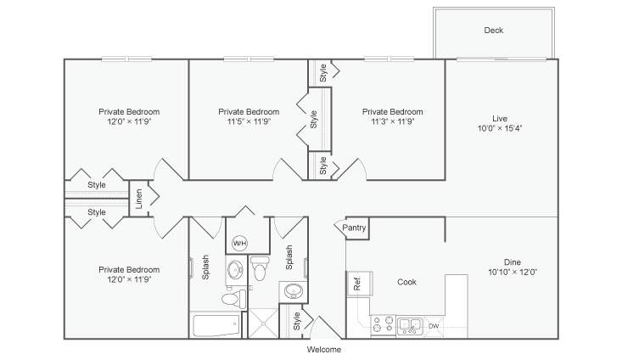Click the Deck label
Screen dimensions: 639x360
point(494,31)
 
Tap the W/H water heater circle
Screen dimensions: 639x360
point(239,244)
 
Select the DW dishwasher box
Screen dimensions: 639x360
point(434,326)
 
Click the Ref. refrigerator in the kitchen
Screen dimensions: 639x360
point(359,283)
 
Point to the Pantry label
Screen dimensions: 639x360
point(354,228)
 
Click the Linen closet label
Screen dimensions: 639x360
point(139,199)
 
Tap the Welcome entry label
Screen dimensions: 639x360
point(324,350)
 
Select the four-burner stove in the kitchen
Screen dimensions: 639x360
point(383,325)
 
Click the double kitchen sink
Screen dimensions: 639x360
point(410,326)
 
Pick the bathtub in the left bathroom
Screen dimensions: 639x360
point(216,325)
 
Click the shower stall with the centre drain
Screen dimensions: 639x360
point(263,323)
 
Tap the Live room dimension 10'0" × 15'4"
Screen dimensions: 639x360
point(500,128)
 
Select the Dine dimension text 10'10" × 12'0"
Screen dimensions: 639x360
point(513,272)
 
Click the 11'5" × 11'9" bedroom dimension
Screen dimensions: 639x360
point(249,121)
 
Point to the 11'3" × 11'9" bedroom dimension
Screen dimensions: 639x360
point(393,121)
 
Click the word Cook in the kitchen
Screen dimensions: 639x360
point(406,282)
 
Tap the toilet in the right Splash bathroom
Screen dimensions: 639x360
point(260,268)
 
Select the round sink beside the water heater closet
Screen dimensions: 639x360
point(235,270)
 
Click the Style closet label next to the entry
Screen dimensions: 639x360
point(297,321)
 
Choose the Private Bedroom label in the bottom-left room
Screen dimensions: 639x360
point(129,270)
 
